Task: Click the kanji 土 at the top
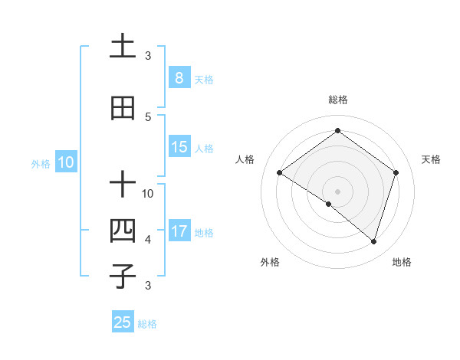coord(123,47)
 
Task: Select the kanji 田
coord(123,108)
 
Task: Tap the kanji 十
coord(123,185)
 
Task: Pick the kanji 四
coord(123,231)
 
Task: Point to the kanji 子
coord(123,276)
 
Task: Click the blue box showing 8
coord(179,78)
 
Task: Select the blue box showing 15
coord(179,147)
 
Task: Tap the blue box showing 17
coord(179,231)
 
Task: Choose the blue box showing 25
coord(123,322)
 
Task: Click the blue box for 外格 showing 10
coord(66,162)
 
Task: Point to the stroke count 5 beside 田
coord(148,116)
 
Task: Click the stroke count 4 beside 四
coord(148,240)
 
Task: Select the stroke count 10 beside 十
coord(148,193)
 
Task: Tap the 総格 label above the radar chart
coord(337,100)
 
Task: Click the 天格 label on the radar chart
coord(432,159)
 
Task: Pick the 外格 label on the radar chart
coord(270,262)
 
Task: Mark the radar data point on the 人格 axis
coord(279,173)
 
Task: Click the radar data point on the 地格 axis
coord(373,241)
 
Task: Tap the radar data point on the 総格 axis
coord(337,131)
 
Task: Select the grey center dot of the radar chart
coord(337,191)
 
